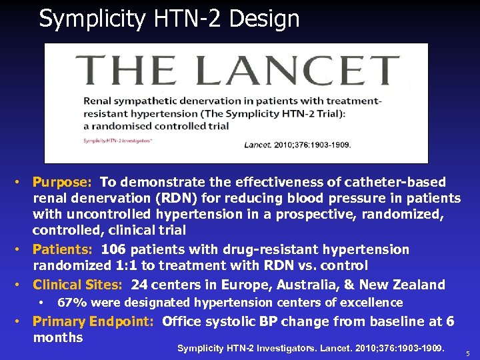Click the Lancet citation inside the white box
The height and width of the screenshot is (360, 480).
pyautogui.click(x=297, y=144)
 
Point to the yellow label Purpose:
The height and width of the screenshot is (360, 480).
pyautogui.click(x=64, y=182)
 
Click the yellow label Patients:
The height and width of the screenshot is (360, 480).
pyautogui.click(x=65, y=249)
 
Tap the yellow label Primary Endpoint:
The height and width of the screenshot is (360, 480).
pyautogui.click(x=94, y=321)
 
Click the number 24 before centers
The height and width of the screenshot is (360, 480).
pyautogui.click(x=140, y=285)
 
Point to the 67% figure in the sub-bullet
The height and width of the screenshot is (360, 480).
pyautogui.click(x=71, y=303)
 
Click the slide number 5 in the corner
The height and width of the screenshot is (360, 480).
pyautogui.click(x=468, y=353)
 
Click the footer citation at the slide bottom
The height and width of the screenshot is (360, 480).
pyautogui.click(x=320, y=348)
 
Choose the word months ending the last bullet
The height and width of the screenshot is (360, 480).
pyautogui.click(x=58, y=337)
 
